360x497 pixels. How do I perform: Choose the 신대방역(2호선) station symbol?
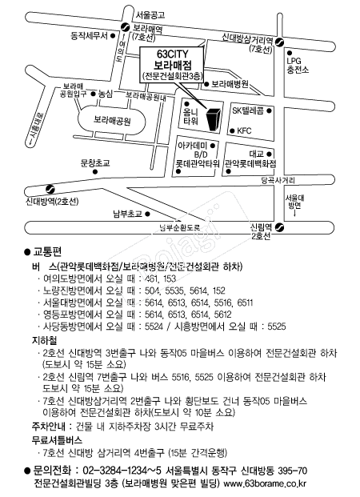pyautogui.click(x=50, y=190)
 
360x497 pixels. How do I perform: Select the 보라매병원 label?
pyautogui.click(x=230, y=83)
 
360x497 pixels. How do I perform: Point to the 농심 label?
pyautogui.click(x=105, y=94)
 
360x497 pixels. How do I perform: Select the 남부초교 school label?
pyautogui.click(x=127, y=214)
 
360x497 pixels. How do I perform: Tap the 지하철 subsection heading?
pyautogui.click(x=46, y=340)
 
